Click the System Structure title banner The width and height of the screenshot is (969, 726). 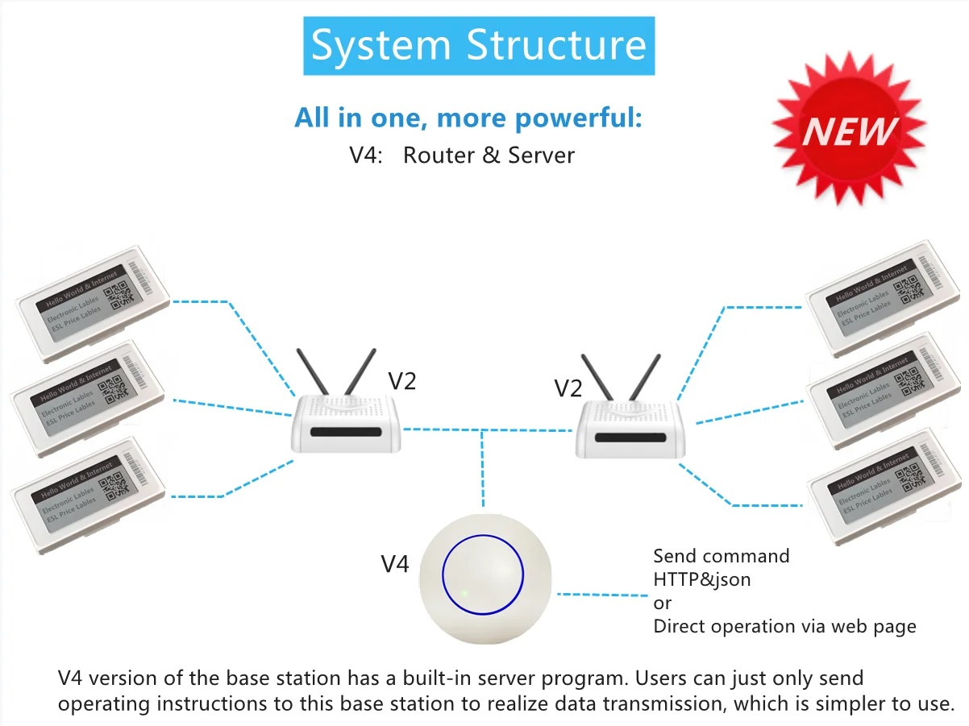pyautogui.click(x=479, y=45)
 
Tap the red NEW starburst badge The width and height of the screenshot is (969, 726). pyautogui.click(x=850, y=129)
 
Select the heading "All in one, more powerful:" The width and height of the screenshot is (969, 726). pyautogui.click(x=468, y=118)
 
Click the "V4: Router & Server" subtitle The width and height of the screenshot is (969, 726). pyautogui.click(x=462, y=155)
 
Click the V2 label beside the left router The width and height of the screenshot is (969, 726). pyautogui.click(x=402, y=380)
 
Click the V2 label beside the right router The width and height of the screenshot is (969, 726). pyautogui.click(x=568, y=388)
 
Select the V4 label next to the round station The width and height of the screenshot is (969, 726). pyautogui.click(x=395, y=564)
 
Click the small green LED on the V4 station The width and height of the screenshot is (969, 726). pyautogui.click(x=465, y=595)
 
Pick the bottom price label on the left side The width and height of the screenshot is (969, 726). pyautogui.click(x=85, y=488)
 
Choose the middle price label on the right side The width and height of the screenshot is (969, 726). pyautogui.click(x=885, y=390)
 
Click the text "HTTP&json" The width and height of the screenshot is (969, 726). pyautogui.click(x=701, y=579)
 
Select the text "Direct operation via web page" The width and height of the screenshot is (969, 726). pyautogui.click(x=784, y=626)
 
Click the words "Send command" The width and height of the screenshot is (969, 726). pyautogui.click(x=721, y=556)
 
